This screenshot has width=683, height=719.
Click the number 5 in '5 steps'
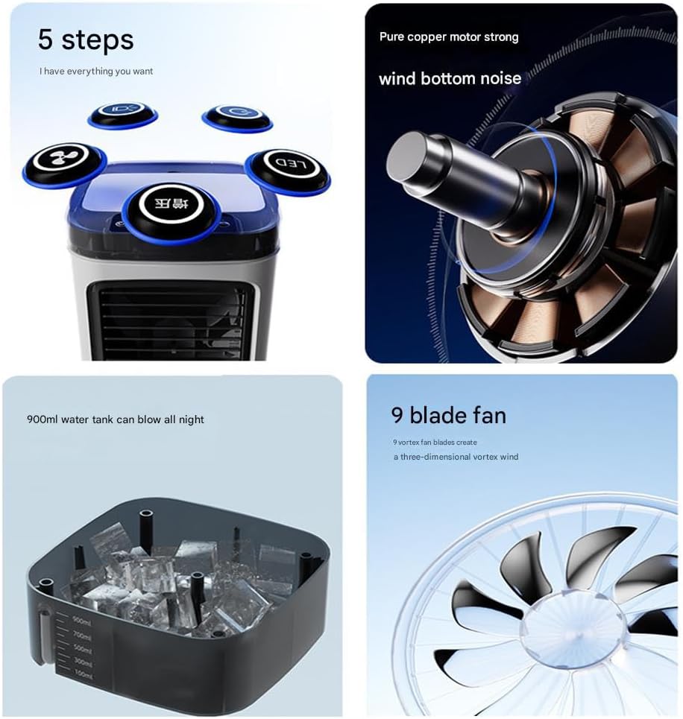click(x=45, y=40)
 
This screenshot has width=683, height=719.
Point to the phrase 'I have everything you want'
click(x=96, y=72)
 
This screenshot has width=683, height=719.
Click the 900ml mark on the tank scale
click(x=81, y=620)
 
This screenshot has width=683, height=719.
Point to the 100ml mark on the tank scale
click(x=83, y=674)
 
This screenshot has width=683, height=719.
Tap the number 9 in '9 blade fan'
click(x=398, y=414)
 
